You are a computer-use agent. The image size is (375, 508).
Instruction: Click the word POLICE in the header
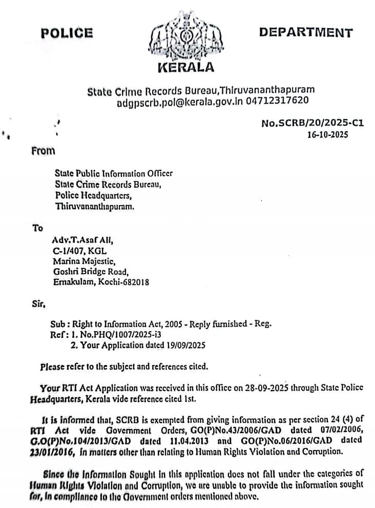[x=67, y=33]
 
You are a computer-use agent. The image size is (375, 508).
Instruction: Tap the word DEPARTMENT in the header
[x=305, y=33]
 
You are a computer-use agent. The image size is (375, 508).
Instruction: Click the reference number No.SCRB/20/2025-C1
[x=312, y=124]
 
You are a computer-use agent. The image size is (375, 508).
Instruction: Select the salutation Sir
[x=38, y=304]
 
